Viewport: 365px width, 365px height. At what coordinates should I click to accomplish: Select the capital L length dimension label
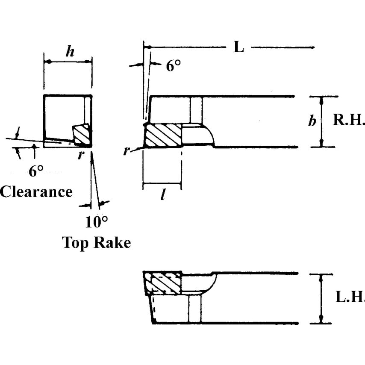pos(238,47)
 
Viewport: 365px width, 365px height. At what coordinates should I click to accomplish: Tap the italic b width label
pos(312,121)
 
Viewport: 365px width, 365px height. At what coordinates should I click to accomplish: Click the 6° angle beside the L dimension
pos(173,66)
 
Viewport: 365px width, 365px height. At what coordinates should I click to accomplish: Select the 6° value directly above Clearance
pos(36,172)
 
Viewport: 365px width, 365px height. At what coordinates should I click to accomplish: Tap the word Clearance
pos(36,191)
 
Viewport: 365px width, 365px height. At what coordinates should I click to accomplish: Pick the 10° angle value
pos(96,222)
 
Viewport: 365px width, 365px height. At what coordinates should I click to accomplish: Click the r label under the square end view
pos(80,155)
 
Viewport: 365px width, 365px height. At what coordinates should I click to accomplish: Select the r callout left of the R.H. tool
pos(127,150)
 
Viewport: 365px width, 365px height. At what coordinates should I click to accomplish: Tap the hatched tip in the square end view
pos(82,135)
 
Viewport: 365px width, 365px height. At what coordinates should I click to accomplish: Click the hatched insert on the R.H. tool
pos(163,135)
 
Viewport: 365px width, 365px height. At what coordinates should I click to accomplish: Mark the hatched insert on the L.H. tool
pos(162,283)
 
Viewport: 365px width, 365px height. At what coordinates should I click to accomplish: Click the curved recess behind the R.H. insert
pos(199,135)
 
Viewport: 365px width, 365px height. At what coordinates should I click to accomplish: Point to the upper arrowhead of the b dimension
pos(321,99)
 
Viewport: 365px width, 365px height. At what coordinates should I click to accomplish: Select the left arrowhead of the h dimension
pos(47,62)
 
